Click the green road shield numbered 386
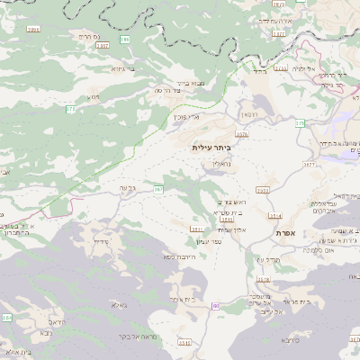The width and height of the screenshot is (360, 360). coord(124,40)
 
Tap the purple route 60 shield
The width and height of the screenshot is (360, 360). coord(216,307)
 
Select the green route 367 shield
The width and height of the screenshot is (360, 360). coord(158,190)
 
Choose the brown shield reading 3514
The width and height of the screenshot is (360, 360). coord(274,216)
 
